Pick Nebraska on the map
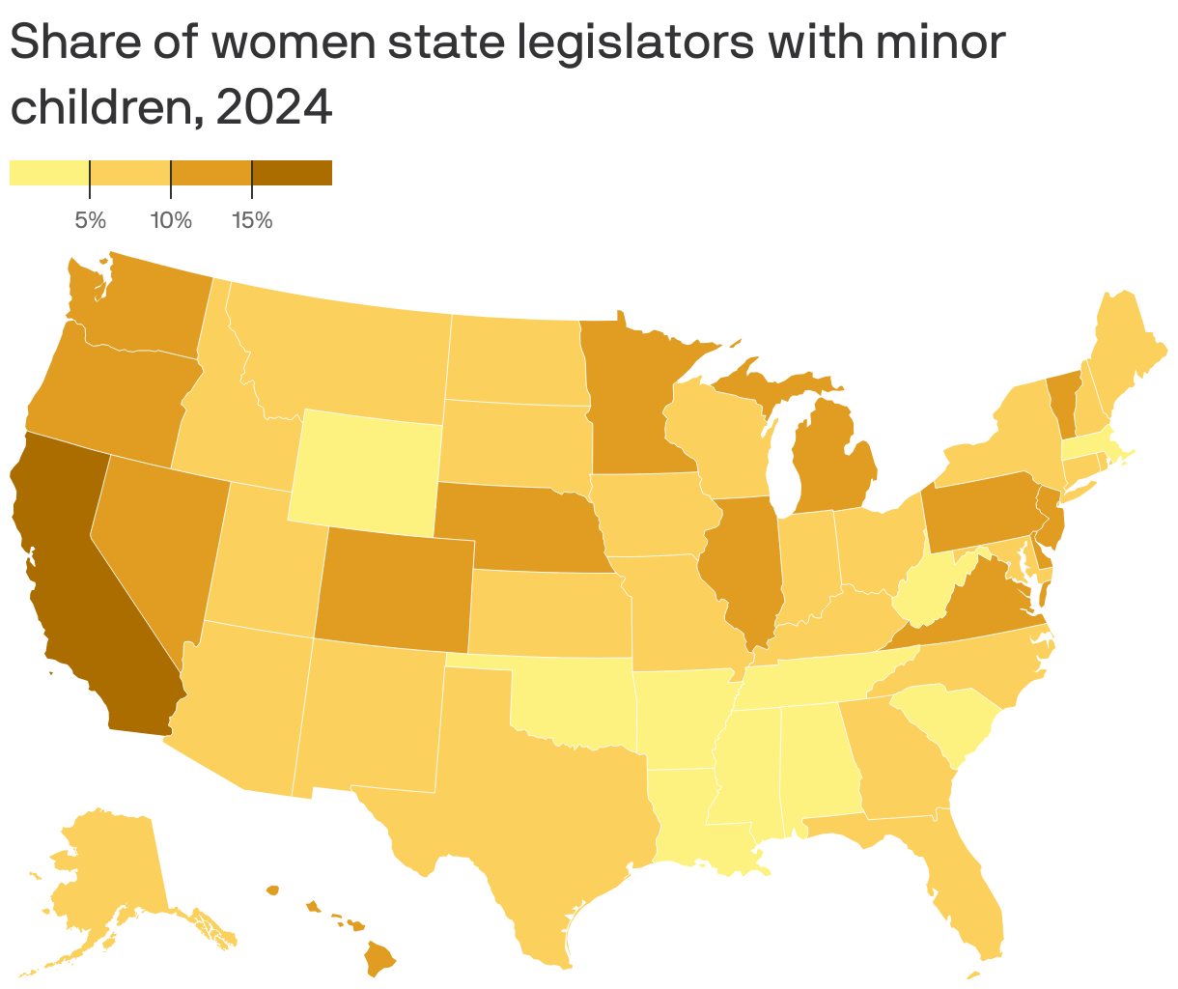point(512,526)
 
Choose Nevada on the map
point(159,541)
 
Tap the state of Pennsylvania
point(980,512)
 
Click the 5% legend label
point(90,221)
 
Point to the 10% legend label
point(171,221)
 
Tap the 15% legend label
point(252,221)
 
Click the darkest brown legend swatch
point(292,173)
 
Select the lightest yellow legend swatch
point(49,173)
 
